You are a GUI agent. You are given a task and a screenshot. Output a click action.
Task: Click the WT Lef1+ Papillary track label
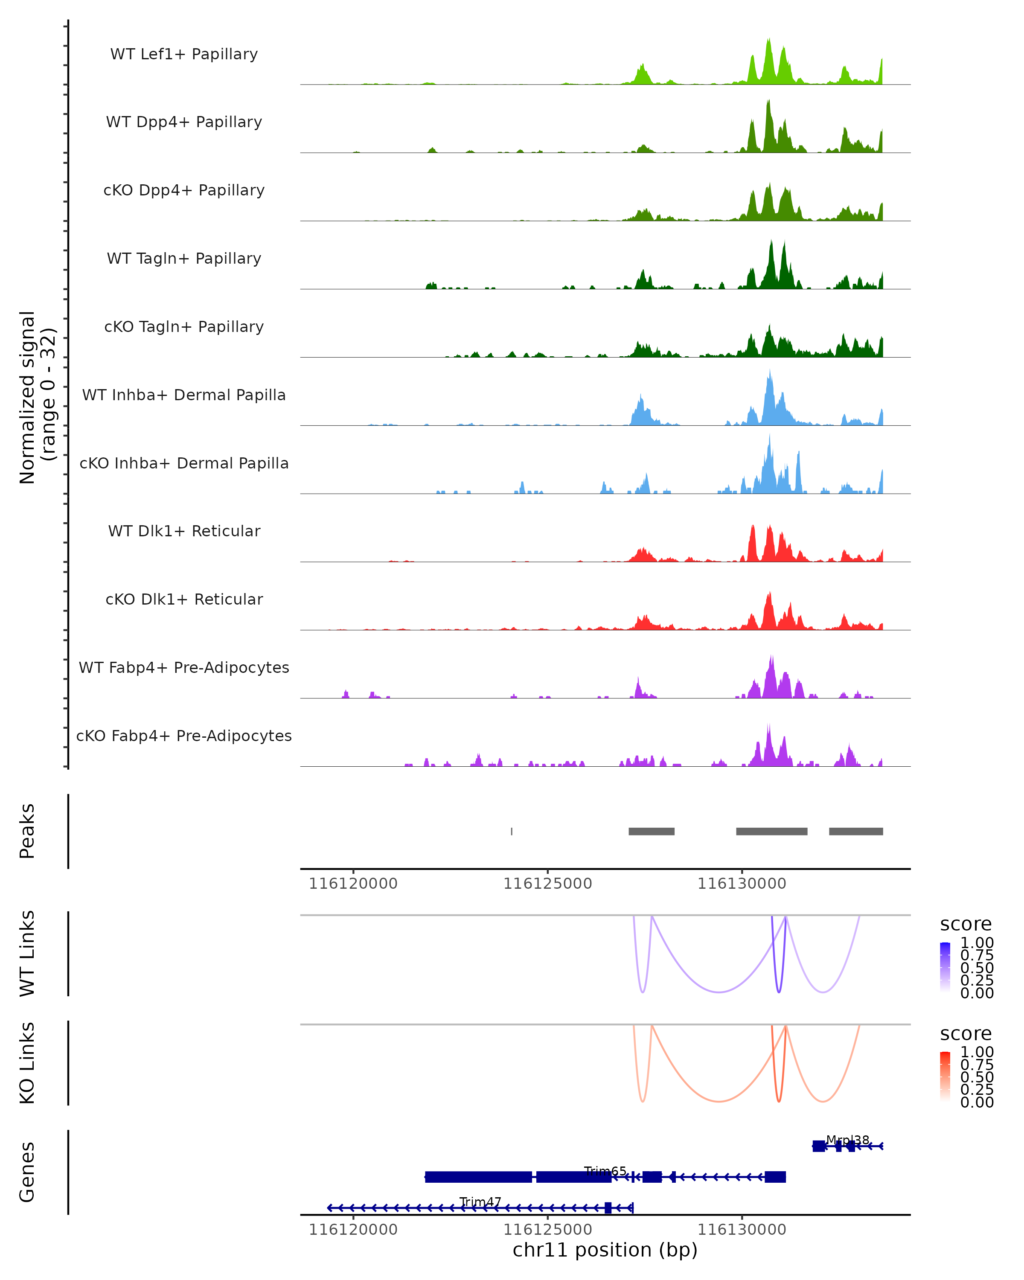click(x=184, y=54)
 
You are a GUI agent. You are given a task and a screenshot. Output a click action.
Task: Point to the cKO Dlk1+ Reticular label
click(x=184, y=599)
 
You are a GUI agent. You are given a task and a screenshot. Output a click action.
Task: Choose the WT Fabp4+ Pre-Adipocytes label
click(x=184, y=667)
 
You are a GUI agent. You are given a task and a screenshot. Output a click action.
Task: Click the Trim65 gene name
click(x=605, y=1171)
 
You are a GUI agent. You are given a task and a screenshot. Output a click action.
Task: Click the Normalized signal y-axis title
click(x=37, y=397)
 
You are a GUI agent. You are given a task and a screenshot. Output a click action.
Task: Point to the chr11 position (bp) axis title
click(x=605, y=1250)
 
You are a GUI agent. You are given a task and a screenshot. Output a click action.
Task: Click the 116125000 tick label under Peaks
click(x=547, y=884)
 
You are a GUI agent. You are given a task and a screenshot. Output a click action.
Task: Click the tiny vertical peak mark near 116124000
click(x=512, y=831)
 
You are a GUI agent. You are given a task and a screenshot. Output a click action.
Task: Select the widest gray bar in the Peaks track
click(x=772, y=831)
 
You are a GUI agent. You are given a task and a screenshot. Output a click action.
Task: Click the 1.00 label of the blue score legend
click(x=977, y=943)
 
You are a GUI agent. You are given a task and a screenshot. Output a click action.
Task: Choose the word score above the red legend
click(x=966, y=1034)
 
